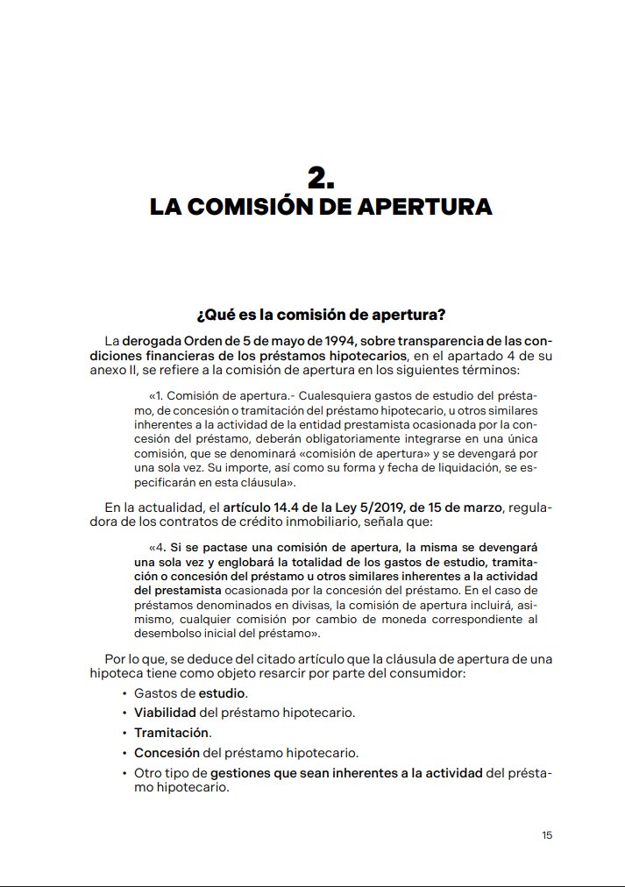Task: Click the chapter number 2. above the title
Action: click(321, 178)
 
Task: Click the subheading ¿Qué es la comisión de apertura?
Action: click(321, 314)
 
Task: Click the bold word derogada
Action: click(150, 340)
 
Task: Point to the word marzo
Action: click(479, 507)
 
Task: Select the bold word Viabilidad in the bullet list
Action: click(165, 713)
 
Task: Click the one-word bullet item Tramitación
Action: click(171, 732)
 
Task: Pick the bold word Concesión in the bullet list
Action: click(167, 752)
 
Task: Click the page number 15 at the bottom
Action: click(547, 835)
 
